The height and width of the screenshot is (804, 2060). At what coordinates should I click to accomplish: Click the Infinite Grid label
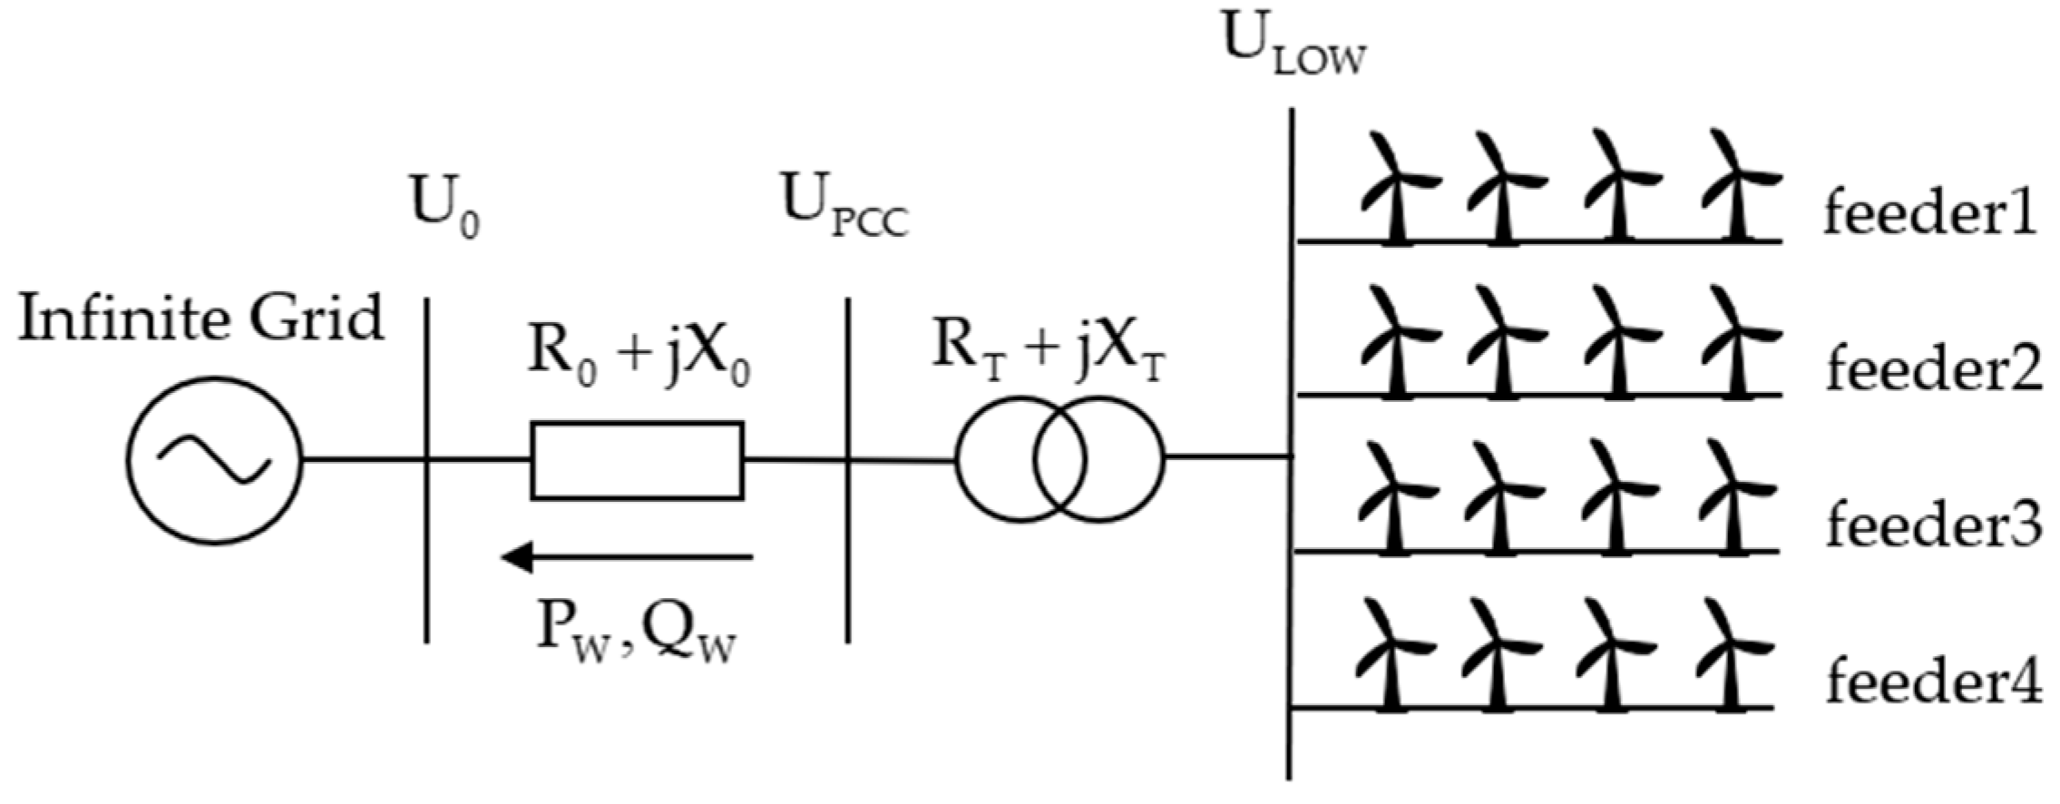coord(201,319)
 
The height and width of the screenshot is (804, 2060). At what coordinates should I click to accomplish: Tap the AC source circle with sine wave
coord(214,461)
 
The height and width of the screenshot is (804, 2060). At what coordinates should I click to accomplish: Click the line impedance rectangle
coord(637,461)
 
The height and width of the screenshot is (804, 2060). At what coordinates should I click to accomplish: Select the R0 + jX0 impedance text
coord(639,356)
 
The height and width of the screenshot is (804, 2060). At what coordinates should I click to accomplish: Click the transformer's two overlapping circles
coord(1059,459)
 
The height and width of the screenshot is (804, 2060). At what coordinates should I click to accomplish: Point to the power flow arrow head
coord(515,555)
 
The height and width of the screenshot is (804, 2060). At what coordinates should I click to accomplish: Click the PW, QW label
coord(636,632)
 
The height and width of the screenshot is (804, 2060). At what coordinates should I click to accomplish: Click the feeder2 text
coord(1933,370)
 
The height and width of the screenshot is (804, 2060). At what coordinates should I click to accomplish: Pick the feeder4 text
coord(1933,682)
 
